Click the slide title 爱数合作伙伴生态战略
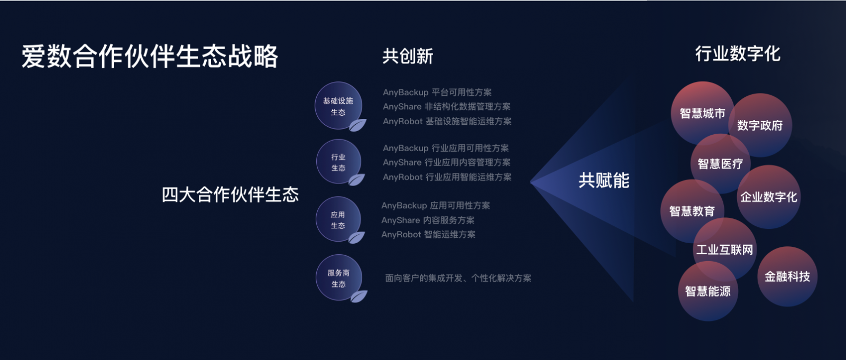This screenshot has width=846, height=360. (150, 56)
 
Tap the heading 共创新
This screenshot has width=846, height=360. (408, 56)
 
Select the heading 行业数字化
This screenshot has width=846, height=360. (738, 53)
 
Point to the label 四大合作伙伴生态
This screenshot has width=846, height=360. (230, 195)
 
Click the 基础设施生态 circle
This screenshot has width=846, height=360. (338, 106)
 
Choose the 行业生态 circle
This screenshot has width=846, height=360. (338, 162)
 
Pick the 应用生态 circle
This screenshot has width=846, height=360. (338, 219)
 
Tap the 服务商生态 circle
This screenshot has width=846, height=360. (339, 278)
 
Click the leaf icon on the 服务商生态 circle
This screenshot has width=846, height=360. (358, 296)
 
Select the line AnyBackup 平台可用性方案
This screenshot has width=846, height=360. (437, 93)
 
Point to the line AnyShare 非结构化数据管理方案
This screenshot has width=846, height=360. (446, 107)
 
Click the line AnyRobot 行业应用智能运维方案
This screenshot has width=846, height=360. (447, 177)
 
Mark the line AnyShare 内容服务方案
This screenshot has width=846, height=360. (428, 220)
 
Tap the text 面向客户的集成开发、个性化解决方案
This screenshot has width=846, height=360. (458, 279)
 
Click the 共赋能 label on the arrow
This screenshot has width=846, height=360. (604, 180)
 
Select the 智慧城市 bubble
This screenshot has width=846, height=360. (703, 113)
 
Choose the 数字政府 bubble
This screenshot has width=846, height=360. (760, 125)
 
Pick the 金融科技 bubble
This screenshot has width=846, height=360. (787, 276)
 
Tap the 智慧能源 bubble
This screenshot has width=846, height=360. (708, 291)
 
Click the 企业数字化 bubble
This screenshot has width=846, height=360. (769, 197)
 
